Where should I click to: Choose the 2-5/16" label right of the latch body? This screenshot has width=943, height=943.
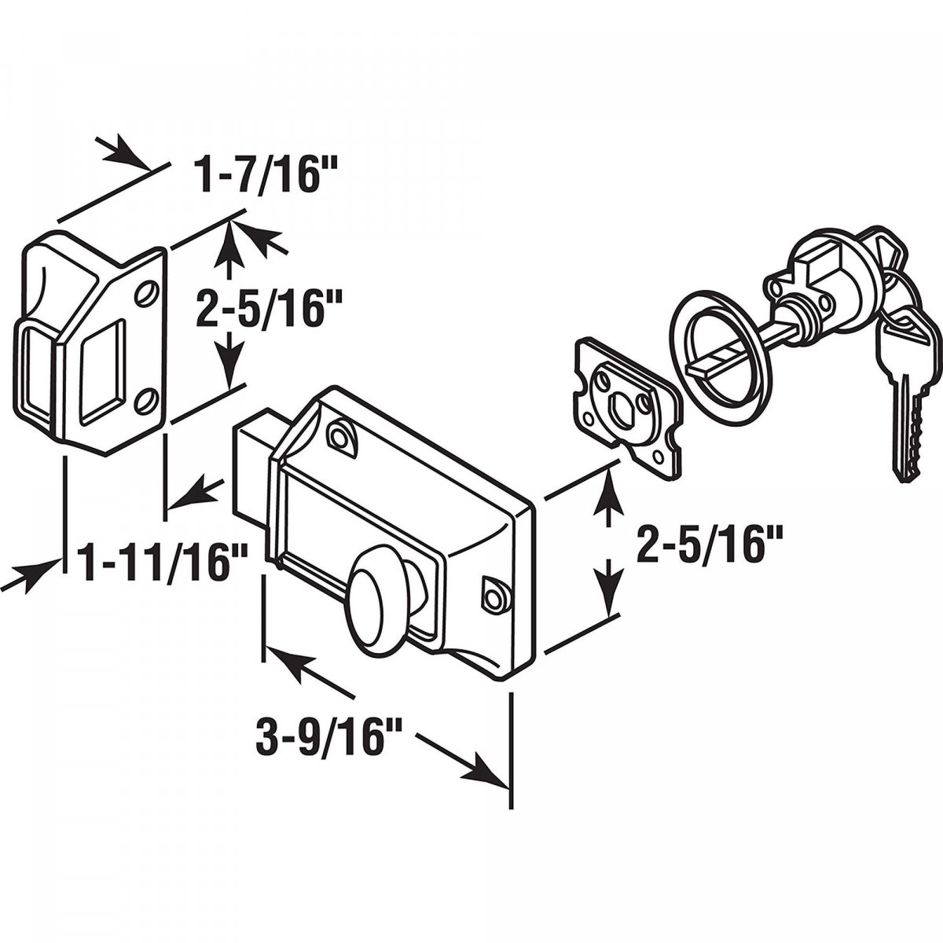[706, 542]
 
